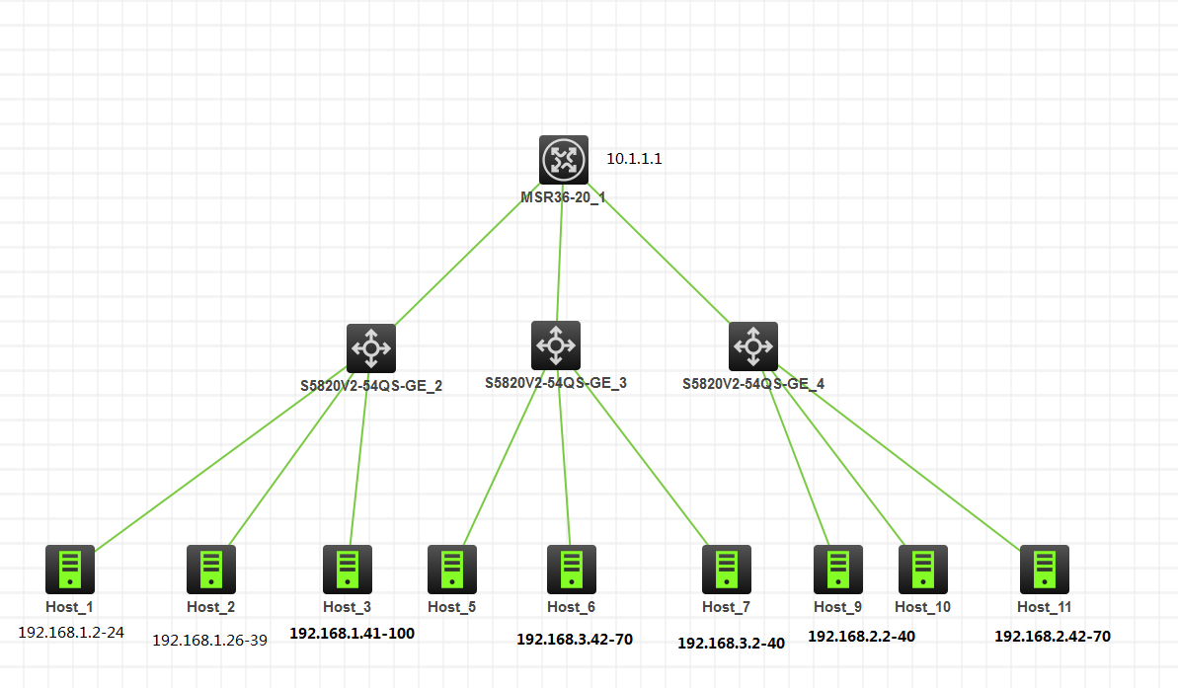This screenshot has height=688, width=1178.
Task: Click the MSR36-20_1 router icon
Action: tap(564, 160)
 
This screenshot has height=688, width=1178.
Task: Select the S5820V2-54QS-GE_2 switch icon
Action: tap(371, 347)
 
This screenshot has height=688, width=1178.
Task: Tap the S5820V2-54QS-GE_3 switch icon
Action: tap(556, 344)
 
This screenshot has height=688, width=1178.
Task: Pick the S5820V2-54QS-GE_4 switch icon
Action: tap(753, 346)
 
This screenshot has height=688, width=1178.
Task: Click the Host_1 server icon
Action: tap(70, 570)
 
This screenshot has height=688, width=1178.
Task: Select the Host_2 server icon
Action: tap(211, 570)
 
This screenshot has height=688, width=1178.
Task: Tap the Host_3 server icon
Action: tap(348, 570)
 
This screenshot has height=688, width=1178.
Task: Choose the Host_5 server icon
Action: tap(452, 570)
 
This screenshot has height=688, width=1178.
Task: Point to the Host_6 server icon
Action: tap(572, 570)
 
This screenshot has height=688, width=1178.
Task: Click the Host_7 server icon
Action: tap(727, 570)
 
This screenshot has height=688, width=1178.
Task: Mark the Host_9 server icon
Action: tap(838, 570)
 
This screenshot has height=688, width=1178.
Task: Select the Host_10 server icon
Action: tap(923, 570)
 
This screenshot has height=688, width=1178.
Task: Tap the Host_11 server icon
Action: tap(1045, 570)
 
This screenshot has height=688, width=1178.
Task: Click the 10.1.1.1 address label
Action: tap(634, 158)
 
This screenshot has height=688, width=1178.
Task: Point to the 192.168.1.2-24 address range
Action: tap(71, 632)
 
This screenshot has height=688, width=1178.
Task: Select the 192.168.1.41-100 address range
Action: tap(352, 633)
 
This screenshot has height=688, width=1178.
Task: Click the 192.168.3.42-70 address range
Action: tap(575, 639)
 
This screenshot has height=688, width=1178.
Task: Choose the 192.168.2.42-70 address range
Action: tap(1053, 637)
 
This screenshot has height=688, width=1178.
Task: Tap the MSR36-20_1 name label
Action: tap(563, 196)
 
